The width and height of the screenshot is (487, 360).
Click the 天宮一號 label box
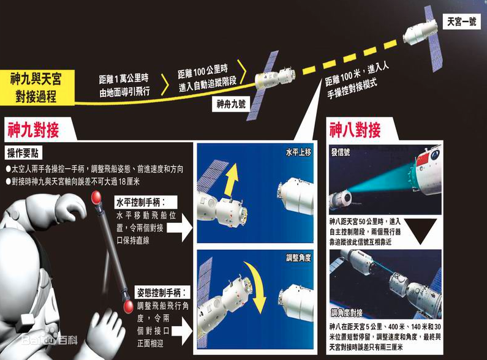tap(461, 21)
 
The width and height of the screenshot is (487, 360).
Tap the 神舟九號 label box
tap(232, 103)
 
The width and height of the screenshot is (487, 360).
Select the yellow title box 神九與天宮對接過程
tap(37, 88)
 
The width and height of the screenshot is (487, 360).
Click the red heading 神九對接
tap(33, 130)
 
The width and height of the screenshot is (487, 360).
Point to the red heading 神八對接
tap(355, 130)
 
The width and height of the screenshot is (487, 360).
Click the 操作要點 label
tap(23, 152)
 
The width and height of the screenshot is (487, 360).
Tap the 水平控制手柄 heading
tap(146, 202)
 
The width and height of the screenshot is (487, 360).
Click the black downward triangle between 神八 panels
tap(421, 231)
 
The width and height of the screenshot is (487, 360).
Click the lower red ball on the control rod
tap(128, 307)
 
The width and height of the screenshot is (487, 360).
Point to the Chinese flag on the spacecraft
tap(424, 160)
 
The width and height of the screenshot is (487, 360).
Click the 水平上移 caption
tap(298, 152)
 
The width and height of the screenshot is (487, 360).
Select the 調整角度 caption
tap(298, 258)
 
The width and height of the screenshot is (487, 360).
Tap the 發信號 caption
tap(341, 152)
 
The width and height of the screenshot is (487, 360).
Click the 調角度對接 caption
tap(346, 312)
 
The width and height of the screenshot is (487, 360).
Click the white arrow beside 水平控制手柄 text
tap(186, 228)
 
